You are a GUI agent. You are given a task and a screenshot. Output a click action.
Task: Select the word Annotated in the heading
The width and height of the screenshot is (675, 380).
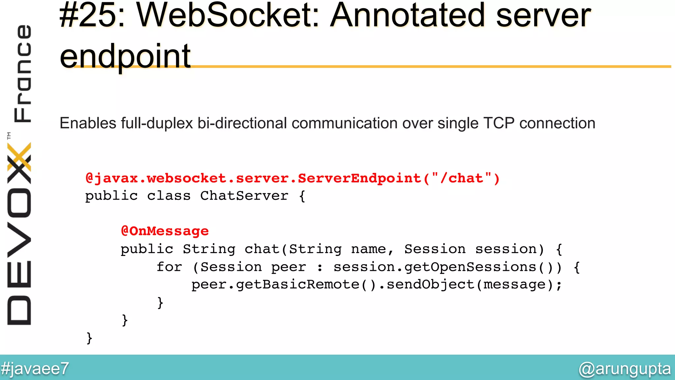(408, 16)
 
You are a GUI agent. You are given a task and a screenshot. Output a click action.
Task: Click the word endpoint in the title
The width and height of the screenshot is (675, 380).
(125, 56)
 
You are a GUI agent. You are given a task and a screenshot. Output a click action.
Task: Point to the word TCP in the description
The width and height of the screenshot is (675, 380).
(499, 123)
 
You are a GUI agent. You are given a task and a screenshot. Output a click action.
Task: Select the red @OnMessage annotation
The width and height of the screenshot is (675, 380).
(165, 231)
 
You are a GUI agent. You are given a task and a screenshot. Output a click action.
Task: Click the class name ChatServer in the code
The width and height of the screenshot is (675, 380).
(244, 196)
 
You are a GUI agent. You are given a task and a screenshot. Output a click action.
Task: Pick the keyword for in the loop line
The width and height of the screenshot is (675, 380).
(169, 267)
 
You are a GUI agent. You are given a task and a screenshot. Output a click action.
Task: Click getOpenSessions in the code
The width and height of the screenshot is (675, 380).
(471, 267)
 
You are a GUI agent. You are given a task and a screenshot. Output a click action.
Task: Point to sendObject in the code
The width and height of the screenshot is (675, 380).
(430, 285)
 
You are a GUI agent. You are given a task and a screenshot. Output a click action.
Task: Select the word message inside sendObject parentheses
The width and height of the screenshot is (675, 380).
(514, 285)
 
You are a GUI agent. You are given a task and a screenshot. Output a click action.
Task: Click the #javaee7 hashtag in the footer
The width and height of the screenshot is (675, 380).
(35, 368)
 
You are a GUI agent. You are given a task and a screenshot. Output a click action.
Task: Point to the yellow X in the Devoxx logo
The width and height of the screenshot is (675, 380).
(19, 157)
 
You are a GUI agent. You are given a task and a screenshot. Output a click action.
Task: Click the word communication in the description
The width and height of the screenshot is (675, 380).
(344, 123)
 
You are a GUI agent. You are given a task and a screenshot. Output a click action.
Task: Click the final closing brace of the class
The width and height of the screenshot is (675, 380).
(89, 338)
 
